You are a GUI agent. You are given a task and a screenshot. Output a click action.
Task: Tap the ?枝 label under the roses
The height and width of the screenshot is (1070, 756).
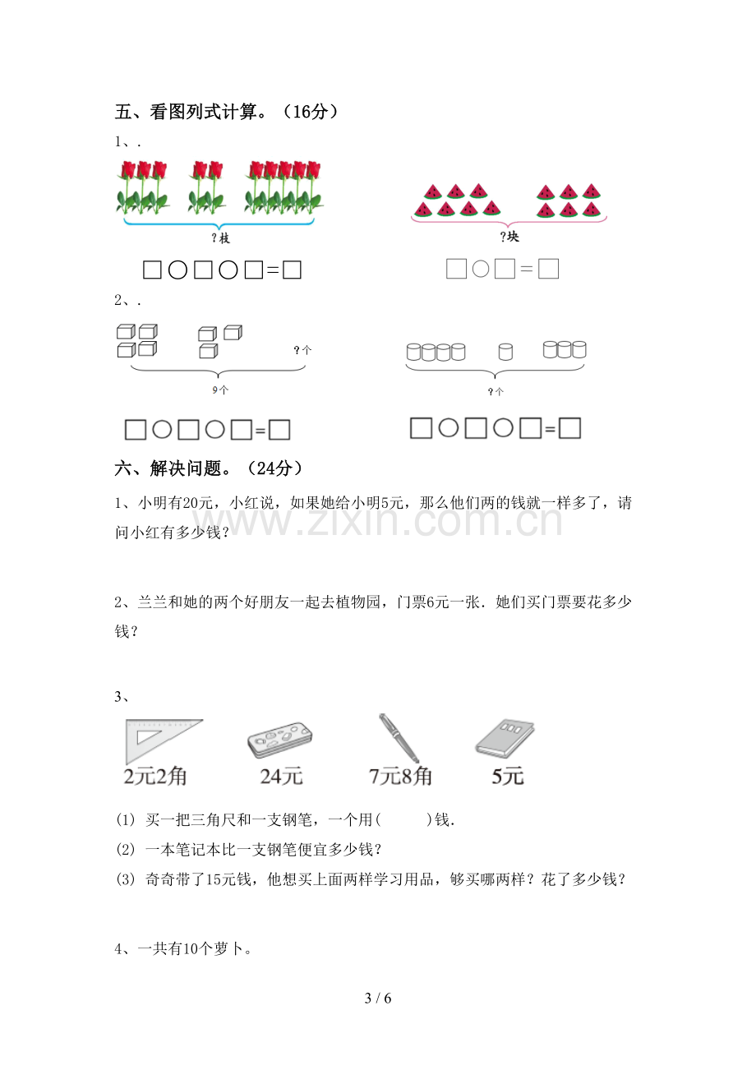pos(221,238)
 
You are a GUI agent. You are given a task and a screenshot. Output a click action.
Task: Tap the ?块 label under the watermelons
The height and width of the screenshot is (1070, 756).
pos(509,237)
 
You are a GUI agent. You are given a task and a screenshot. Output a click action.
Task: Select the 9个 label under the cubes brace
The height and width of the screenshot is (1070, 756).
pos(221,390)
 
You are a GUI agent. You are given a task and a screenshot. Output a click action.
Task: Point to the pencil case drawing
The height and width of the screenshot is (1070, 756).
pos(280,740)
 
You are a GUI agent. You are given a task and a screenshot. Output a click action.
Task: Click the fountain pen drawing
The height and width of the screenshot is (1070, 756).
pos(399,738)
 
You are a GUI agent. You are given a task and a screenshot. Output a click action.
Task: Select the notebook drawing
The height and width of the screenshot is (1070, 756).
pos(505,738)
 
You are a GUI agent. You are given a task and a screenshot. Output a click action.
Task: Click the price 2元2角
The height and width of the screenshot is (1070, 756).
pos(155,777)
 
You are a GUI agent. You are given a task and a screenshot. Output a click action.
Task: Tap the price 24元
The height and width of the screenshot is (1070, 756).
pos(281,777)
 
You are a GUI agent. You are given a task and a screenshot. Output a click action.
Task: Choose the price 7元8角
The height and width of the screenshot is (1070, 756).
pos(400,777)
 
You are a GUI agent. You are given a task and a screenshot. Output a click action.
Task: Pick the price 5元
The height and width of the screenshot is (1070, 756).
pos(508,777)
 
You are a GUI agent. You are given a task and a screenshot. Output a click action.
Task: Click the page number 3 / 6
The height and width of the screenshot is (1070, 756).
pos(378,999)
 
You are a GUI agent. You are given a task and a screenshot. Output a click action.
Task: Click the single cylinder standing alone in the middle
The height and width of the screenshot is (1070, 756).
pos(505,352)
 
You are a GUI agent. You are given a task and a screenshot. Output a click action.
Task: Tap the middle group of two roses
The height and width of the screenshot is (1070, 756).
pos(207,187)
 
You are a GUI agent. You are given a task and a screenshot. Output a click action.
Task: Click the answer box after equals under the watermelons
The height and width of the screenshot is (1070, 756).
pos(548,269)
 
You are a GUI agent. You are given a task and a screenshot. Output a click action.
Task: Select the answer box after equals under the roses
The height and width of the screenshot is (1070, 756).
pos(292,270)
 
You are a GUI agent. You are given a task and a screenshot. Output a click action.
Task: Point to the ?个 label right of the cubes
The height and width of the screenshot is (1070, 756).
pos(302,350)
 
